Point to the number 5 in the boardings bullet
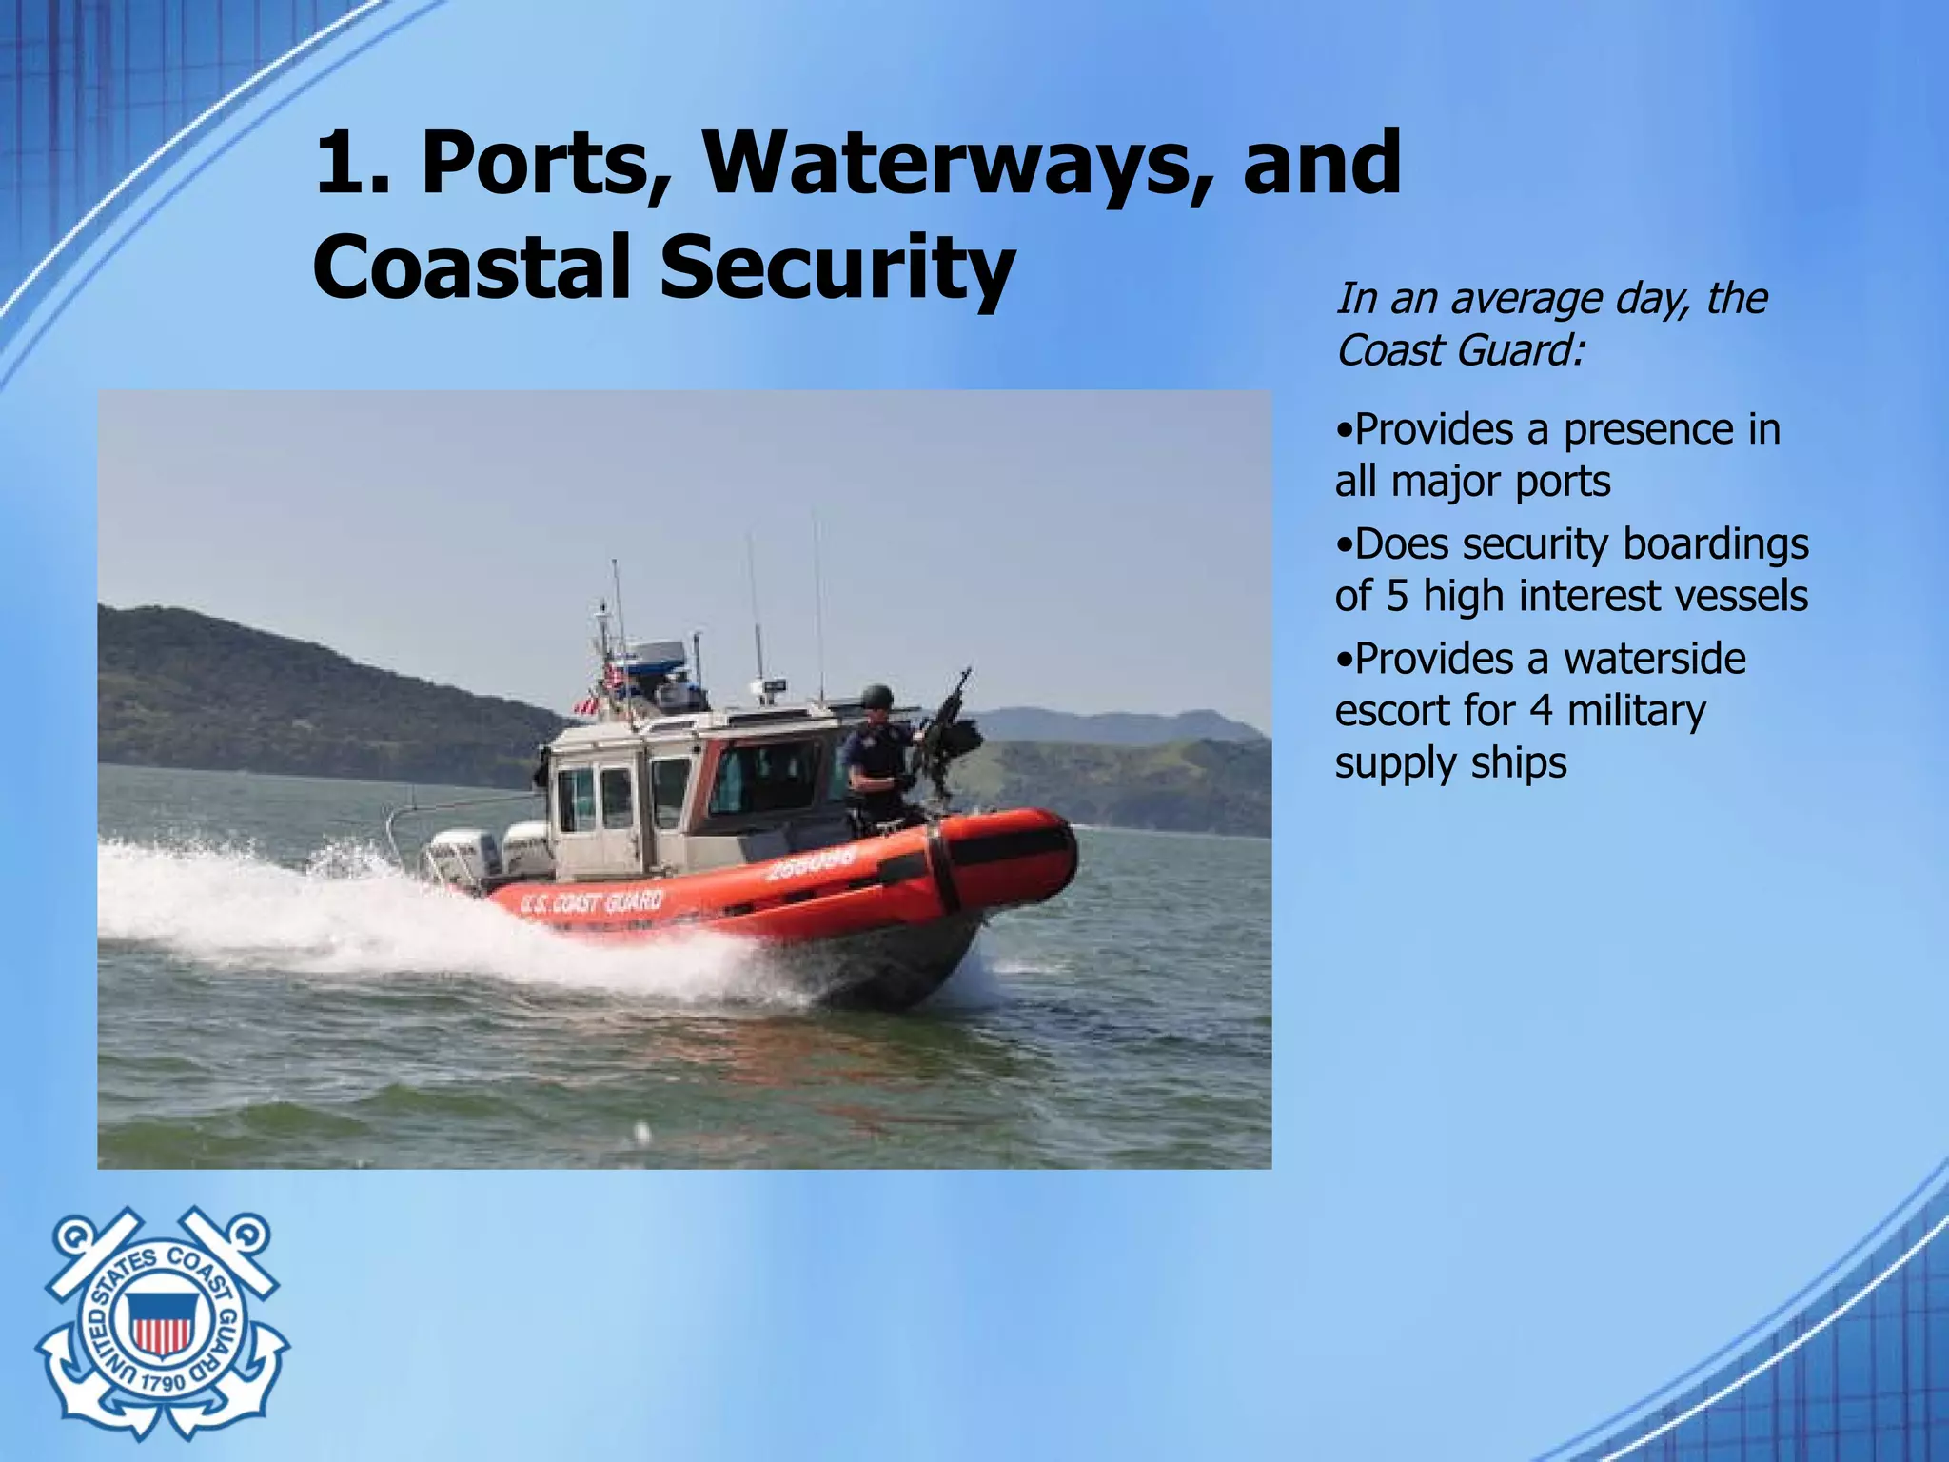pyautogui.click(x=1396, y=597)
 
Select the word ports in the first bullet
pyautogui.click(x=1563, y=482)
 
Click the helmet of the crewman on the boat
pyautogui.click(x=876, y=696)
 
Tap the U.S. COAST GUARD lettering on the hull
pyautogui.click(x=592, y=901)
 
